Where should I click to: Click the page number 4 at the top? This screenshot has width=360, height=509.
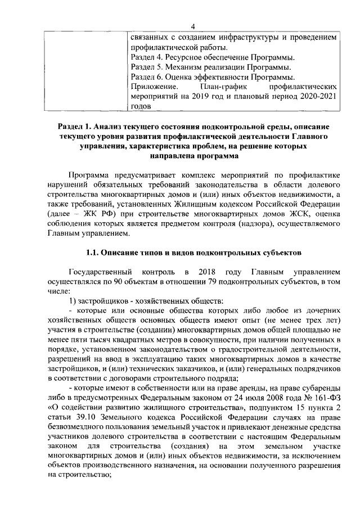tap(193, 25)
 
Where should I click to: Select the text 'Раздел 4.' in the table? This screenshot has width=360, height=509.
tap(146, 57)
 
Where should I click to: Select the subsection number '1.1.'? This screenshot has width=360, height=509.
tap(94, 253)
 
